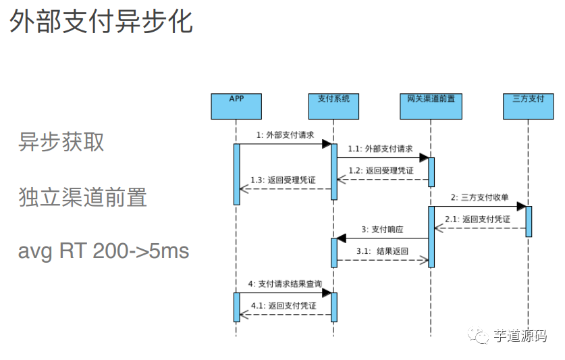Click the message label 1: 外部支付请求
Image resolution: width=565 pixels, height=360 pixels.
(285, 135)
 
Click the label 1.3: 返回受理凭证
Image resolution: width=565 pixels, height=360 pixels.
(283, 180)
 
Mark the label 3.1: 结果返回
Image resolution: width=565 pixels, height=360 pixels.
(383, 251)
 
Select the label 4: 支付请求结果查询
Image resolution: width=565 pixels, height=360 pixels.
(285, 284)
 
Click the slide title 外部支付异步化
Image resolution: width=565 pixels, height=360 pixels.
(101, 22)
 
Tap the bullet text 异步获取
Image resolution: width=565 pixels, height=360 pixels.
(61, 142)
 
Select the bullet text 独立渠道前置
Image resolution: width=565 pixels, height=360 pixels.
(82, 197)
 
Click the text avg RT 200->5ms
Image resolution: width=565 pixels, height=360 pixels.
(103, 251)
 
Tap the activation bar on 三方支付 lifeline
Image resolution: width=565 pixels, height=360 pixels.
(529, 221)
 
